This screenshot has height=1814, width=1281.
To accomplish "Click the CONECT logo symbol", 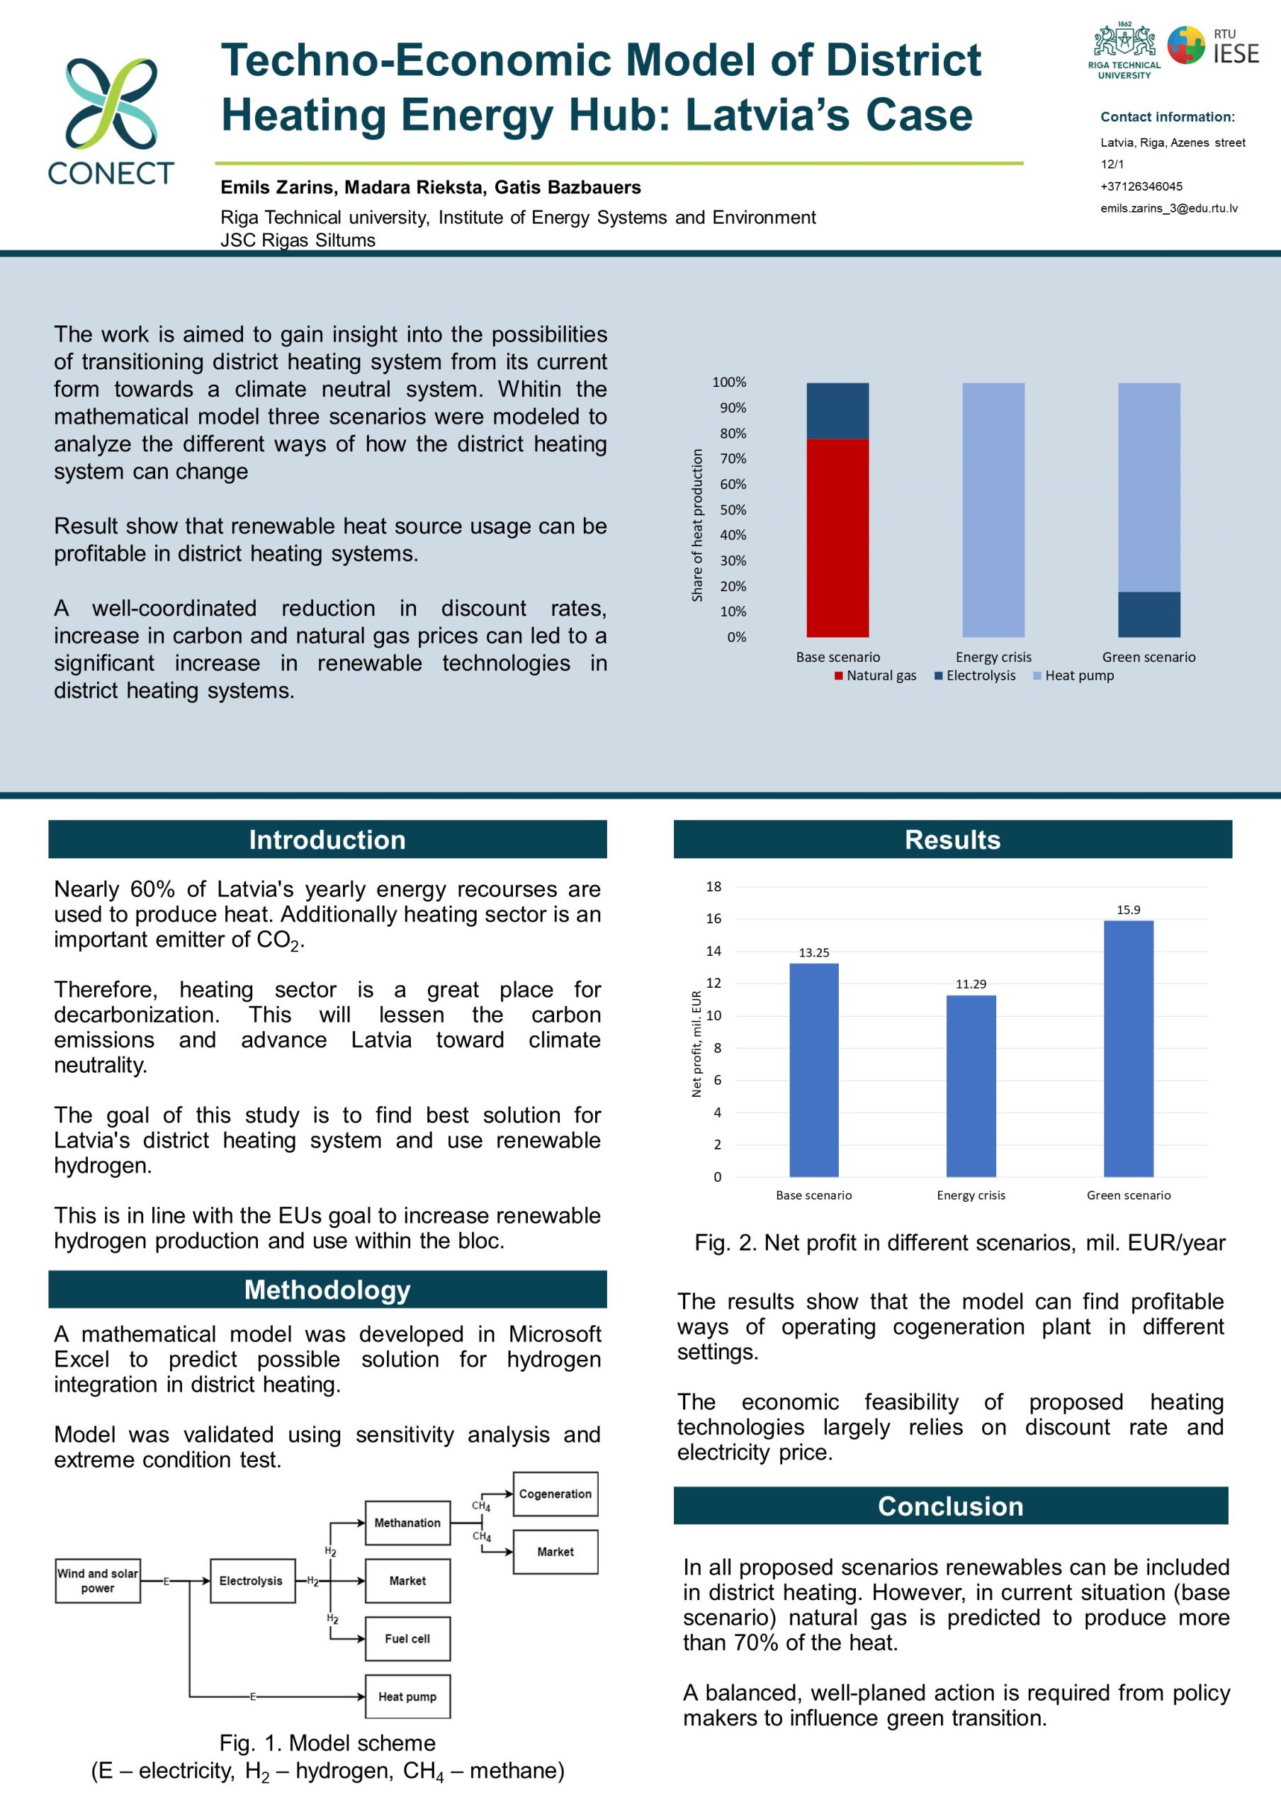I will [x=111, y=103].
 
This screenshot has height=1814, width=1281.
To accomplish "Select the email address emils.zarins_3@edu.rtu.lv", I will [x=1169, y=208].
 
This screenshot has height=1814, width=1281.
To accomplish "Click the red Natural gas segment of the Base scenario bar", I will [x=837, y=537].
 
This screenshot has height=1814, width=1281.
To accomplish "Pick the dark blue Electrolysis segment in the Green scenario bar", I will [x=1149, y=614].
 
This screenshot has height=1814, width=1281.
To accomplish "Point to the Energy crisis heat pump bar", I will [x=993, y=509].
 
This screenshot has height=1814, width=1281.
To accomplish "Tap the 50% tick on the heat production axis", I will [x=732, y=509].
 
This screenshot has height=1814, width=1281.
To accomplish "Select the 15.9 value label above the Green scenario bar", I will [x=1128, y=909].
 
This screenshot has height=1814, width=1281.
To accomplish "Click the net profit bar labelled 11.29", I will [x=971, y=1086].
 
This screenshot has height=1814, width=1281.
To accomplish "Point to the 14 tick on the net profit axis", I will [x=713, y=951].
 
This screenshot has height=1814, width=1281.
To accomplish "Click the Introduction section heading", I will [x=327, y=839].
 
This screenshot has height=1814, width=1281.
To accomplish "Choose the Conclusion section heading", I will [x=950, y=1506].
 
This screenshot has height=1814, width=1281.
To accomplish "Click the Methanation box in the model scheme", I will [x=407, y=1523].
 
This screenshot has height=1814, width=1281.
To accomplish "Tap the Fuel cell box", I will [x=407, y=1638].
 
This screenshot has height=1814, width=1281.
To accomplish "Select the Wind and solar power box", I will [x=98, y=1580].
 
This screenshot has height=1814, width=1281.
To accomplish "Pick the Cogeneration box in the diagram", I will [x=555, y=1493].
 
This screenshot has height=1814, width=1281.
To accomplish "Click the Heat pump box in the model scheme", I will [x=407, y=1696].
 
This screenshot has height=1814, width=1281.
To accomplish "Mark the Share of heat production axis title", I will [x=696, y=525].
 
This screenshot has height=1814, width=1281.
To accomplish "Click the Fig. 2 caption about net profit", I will [x=959, y=1243].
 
